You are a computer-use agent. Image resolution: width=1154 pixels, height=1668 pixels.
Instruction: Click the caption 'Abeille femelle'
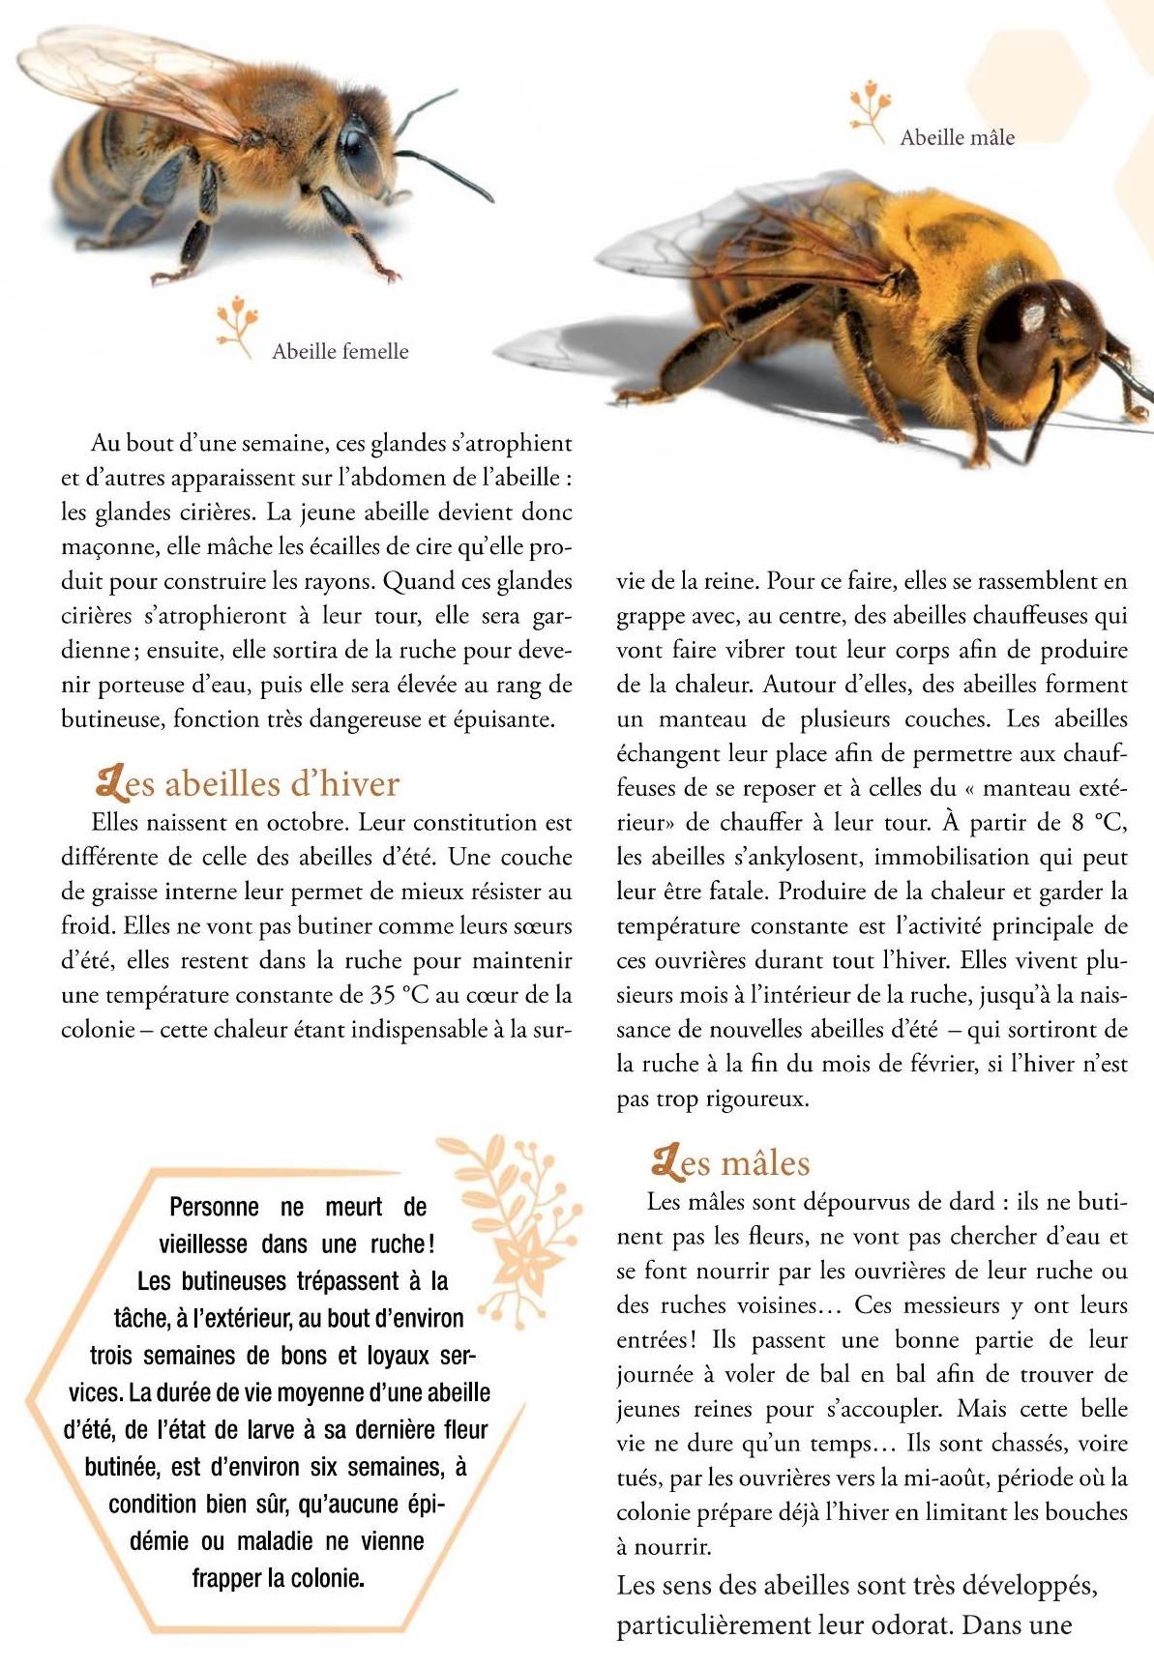(340, 351)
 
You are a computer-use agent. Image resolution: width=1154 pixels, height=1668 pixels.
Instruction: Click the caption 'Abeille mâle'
(957, 137)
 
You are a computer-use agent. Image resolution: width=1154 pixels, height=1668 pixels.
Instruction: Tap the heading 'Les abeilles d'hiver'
(248, 783)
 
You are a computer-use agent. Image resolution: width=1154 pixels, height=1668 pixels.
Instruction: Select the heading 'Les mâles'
(731, 1162)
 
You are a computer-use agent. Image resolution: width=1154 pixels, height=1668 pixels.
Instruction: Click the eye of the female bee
(358, 154)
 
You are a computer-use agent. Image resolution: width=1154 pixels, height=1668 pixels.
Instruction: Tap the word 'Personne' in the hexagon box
(214, 1207)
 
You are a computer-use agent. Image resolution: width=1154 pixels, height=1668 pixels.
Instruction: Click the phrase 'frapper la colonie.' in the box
(278, 1578)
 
